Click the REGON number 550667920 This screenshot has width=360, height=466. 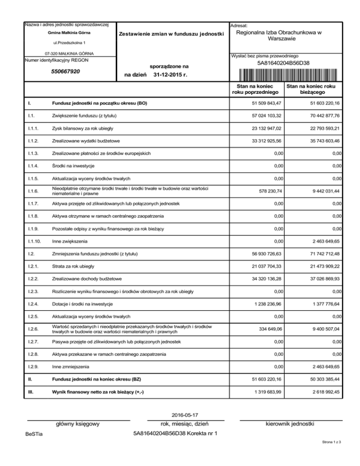click(65, 72)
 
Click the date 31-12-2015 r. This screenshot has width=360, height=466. click(171, 74)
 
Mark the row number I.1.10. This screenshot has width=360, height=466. click(33, 241)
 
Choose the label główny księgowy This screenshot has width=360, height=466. click(77, 424)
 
